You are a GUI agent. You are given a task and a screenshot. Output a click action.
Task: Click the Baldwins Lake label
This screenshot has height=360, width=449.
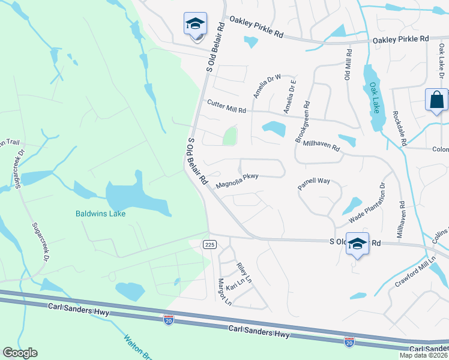pos(100,214)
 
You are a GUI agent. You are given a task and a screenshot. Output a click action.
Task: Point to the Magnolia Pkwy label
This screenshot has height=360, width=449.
pos(237,179)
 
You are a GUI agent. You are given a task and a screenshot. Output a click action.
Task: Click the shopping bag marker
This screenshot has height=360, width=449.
pos(436,101)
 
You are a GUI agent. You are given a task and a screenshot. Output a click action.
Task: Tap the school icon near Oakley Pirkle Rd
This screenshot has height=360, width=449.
pos(195,25)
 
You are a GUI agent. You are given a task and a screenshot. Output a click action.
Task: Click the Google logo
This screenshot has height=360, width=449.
pos(20,353)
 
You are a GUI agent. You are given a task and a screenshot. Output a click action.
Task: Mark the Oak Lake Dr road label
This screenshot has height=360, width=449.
pos(429,65)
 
